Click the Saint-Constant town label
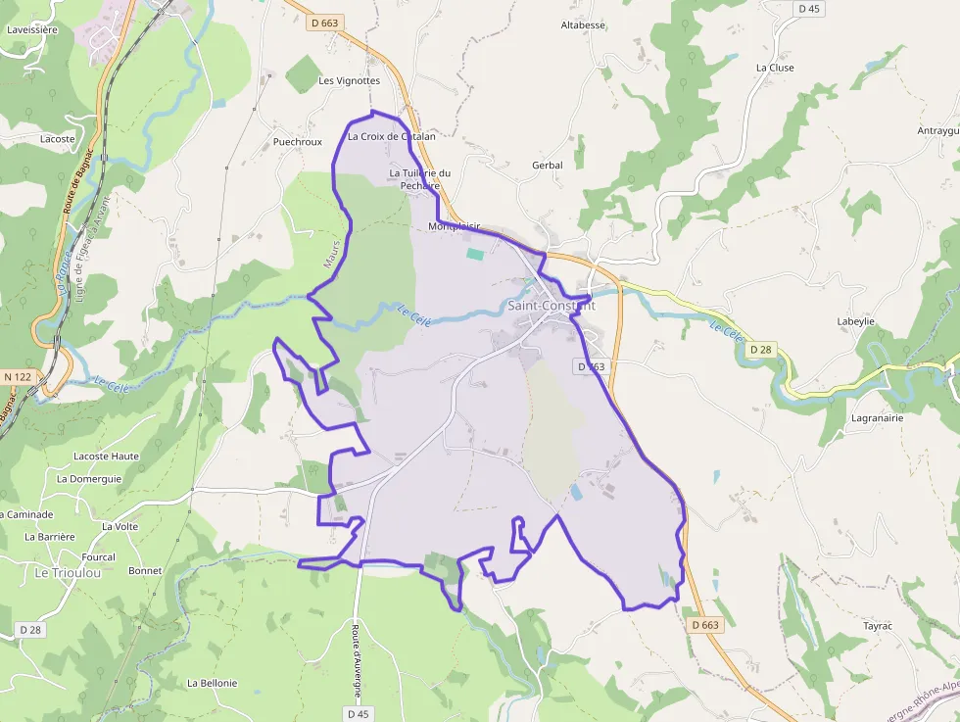[x=551, y=306]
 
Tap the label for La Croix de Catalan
[x=391, y=137]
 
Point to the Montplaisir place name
[x=456, y=226]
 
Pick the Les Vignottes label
[x=349, y=80]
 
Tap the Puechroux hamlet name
[x=298, y=142]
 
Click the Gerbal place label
[x=547, y=166]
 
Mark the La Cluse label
[x=775, y=68]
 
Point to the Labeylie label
[x=855, y=321]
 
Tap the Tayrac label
[x=878, y=624]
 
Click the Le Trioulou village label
[x=68, y=572]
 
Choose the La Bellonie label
[x=212, y=683]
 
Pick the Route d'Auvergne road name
[x=358, y=660]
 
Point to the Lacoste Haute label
[x=107, y=457]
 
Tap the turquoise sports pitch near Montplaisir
[x=475, y=255]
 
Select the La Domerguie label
[x=89, y=479]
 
